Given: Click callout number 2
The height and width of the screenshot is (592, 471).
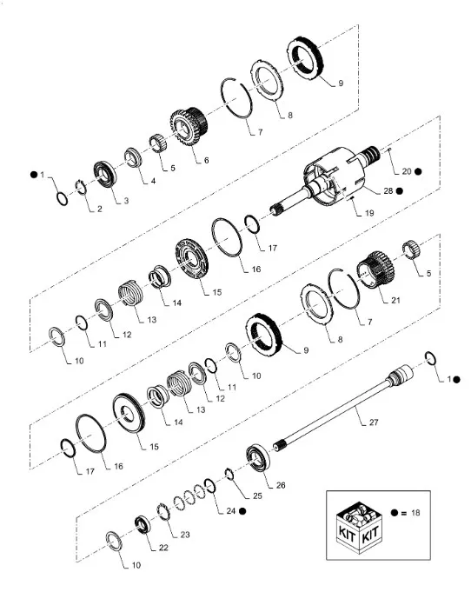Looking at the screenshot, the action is [x=99, y=209].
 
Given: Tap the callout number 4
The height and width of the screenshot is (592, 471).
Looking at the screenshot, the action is [x=153, y=181].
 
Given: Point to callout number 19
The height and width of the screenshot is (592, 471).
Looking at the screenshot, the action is [x=369, y=213].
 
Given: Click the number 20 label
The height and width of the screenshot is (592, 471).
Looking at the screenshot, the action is [x=406, y=171].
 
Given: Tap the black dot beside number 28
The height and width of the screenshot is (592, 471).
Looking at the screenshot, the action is [x=399, y=191].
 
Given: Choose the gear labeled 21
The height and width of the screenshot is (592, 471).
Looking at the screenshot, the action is [x=376, y=270].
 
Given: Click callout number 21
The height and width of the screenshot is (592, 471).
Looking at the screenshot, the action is [x=395, y=300].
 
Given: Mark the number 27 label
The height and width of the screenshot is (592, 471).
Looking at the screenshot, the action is [x=374, y=422].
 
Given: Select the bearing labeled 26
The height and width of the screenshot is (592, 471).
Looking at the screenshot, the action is [x=259, y=457].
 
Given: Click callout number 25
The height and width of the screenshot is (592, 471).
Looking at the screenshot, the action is [x=257, y=496].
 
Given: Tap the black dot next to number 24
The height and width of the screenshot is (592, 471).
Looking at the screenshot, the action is [x=242, y=511].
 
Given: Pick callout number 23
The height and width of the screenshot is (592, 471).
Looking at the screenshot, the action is [x=184, y=535].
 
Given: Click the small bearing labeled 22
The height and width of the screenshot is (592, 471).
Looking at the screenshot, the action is [x=143, y=524].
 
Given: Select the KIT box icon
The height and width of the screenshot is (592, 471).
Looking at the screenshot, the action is [x=359, y=526].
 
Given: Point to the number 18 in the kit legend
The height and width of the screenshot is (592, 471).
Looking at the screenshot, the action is [x=415, y=513].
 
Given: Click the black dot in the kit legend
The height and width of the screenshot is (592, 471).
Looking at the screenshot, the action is [x=395, y=513].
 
